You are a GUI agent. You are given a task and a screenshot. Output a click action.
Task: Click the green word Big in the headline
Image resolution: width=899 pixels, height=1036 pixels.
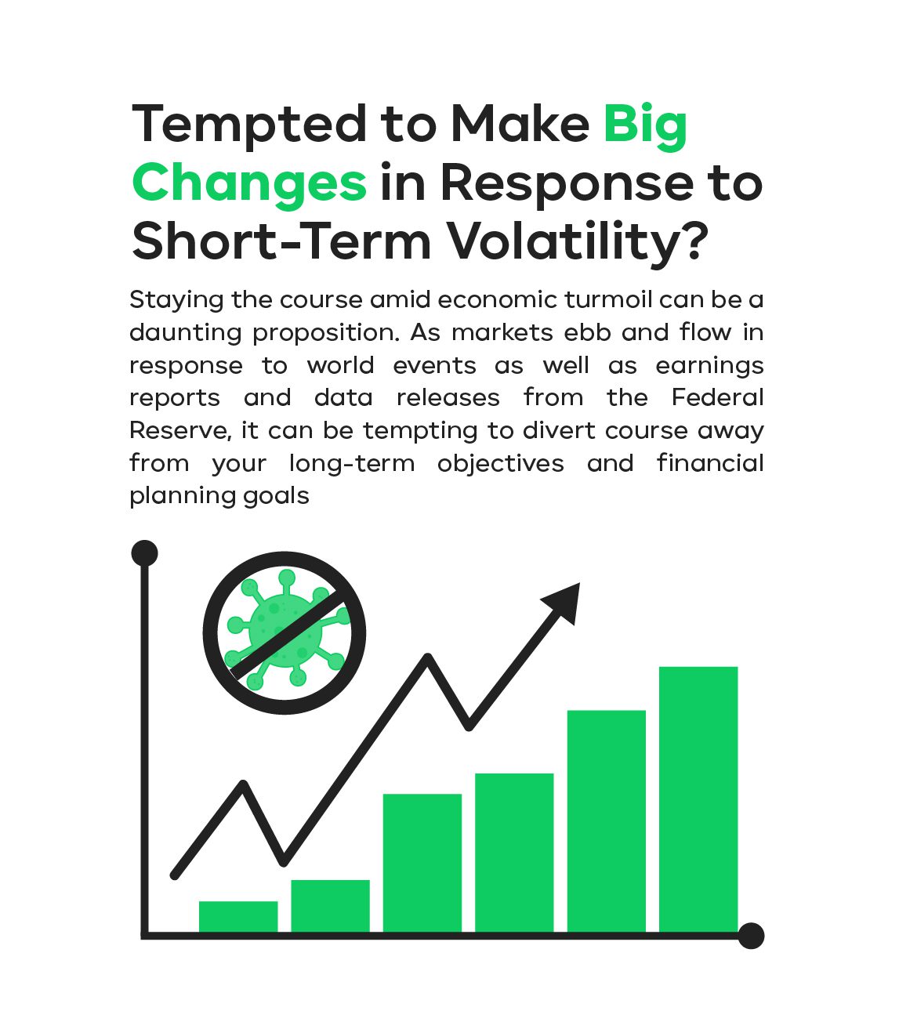645,127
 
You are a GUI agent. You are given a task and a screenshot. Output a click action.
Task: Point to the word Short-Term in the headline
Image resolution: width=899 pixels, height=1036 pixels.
281,241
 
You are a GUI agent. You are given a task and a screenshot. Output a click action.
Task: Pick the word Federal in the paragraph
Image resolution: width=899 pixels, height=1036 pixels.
717,397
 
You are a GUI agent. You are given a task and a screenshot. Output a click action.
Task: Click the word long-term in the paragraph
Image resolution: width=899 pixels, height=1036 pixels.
351,463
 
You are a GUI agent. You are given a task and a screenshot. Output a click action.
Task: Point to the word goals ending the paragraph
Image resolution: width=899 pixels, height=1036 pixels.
276,497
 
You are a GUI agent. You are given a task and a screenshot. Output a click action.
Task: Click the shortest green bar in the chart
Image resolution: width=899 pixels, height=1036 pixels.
238,917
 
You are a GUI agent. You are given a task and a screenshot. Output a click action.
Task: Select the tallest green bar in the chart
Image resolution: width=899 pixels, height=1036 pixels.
698,799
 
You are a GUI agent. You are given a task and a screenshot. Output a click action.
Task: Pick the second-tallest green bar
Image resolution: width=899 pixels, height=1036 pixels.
606,821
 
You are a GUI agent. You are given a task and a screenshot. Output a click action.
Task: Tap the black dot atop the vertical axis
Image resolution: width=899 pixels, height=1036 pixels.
144,553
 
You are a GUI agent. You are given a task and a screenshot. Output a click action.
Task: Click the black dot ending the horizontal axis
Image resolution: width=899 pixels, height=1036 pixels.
751,936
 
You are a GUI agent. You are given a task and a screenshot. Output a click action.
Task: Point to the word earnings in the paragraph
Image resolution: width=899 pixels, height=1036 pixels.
709,366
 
